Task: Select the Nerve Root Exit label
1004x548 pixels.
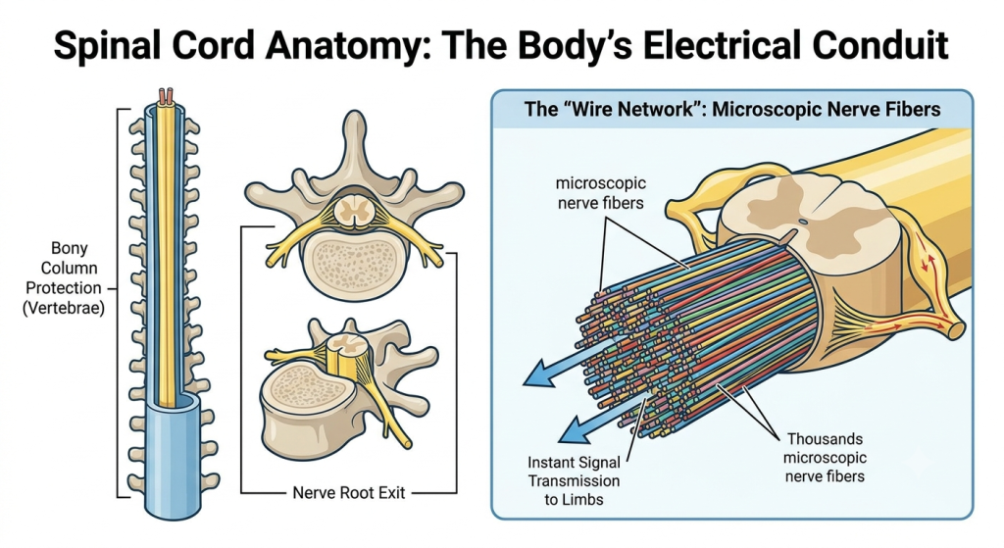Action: pyautogui.click(x=349, y=493)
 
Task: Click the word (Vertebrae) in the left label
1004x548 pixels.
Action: pyautogui.click(x=64, y=308)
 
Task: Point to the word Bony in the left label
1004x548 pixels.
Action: pyautogui.click(x=70, y=248)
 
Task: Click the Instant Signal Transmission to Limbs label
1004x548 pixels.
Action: pyautogui.click(x=574, y=480)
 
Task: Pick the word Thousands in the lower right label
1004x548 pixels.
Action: pyautogui.click(x=825, y=439)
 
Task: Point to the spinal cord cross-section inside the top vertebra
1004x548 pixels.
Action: pyautogui.click(x=351, y=212)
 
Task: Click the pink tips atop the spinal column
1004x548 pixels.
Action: pyautogui.click(x=166, y=97)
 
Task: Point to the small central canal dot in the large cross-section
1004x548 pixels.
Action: pyautogui.click(x=803, y=223)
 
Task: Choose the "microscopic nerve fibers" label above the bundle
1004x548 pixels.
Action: pyautogui.click(x=601, y=193)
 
